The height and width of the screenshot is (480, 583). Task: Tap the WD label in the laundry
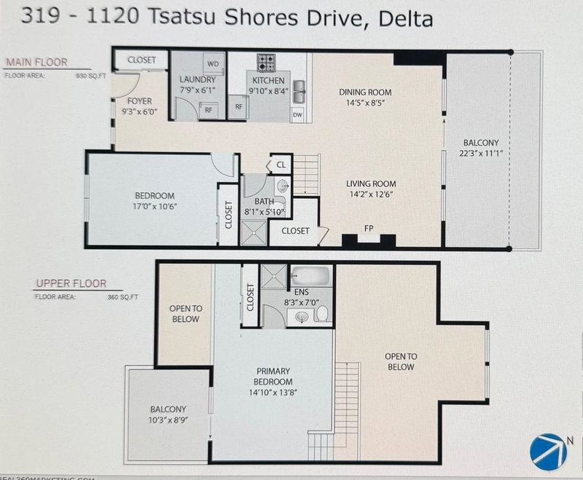coord(214,63)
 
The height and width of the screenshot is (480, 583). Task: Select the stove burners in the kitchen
coord(265,60)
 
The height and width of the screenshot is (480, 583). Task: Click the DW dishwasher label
coord(297,114)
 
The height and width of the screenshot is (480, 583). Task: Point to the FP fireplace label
coord(369,227)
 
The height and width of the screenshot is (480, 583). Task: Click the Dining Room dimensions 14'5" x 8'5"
coord(365,103)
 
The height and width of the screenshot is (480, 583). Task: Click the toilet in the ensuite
coord(321,313)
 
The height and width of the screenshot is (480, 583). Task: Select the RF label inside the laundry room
coord(208,111)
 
